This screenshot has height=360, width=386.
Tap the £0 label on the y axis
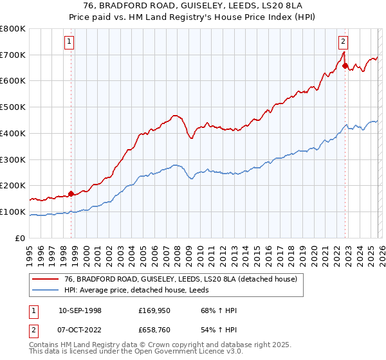tap(20, 238)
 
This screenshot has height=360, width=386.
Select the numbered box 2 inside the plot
tap(344, 42)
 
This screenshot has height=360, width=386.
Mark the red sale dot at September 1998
tap(71, 193)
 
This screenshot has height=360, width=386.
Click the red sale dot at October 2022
tap(345, 65)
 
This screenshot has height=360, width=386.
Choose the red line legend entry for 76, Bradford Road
tap(180, 279)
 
